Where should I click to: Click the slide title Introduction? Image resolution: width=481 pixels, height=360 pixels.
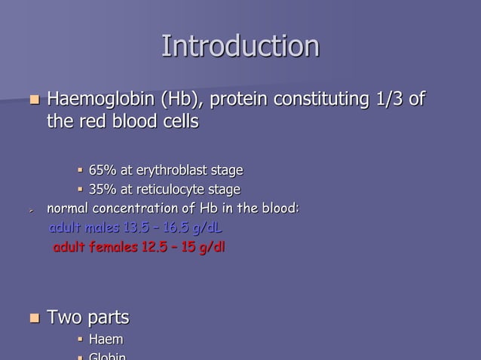pos(240,46)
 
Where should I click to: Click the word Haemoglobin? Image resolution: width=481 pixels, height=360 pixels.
pos(100,99)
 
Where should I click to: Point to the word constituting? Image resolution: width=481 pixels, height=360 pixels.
pos(305,99)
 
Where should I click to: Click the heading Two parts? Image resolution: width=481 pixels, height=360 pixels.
pos(88,317)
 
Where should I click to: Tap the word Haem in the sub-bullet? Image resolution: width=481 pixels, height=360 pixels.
pos(106,341)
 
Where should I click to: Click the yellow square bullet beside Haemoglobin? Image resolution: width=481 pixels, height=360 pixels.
pos(32,99)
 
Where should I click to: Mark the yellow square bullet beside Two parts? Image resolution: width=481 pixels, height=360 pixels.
pos(32,318)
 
